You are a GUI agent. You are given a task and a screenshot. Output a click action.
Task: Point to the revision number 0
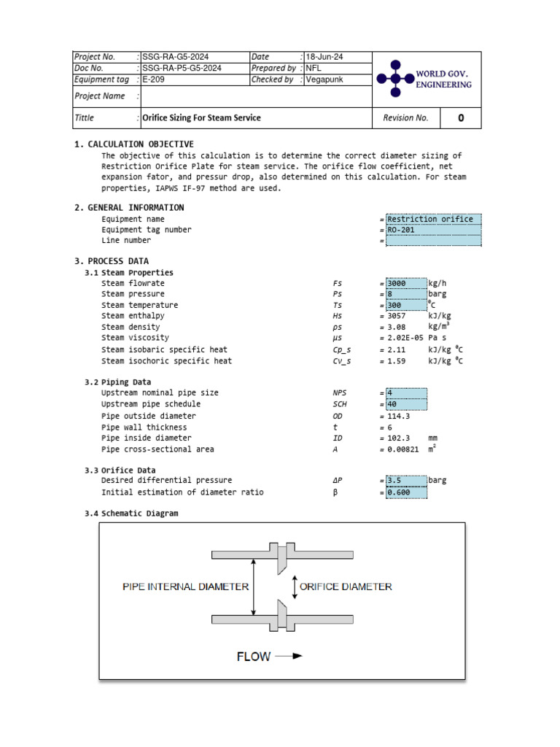tap(460, 118)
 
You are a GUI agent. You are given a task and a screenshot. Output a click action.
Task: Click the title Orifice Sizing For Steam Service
tap(201, 117)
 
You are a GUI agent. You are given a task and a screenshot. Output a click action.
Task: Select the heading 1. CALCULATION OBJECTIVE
tap(134, 144)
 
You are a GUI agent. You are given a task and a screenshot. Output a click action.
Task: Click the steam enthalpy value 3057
tap(396, 316)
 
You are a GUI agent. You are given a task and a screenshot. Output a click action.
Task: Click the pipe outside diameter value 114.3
tap(399, 416)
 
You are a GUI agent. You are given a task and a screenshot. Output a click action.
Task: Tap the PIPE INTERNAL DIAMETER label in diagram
tap(186, 587)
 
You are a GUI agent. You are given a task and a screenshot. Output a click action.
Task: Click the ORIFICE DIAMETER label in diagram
tap(346, 587)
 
